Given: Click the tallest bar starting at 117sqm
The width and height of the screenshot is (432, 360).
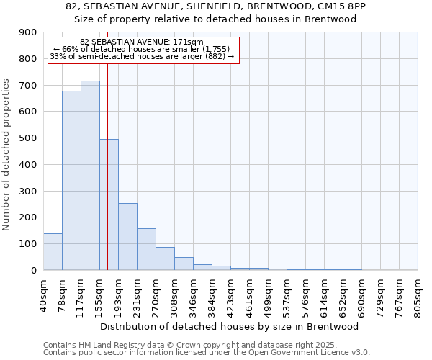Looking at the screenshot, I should coord(90,176).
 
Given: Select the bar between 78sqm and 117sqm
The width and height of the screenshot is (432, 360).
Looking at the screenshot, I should coord(71,181).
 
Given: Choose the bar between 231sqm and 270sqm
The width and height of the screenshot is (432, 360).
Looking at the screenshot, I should coord(146,249).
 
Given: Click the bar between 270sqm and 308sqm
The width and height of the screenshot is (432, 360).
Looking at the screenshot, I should coord(165,258).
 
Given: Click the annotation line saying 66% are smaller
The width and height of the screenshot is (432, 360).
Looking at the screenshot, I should coord(141,49).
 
